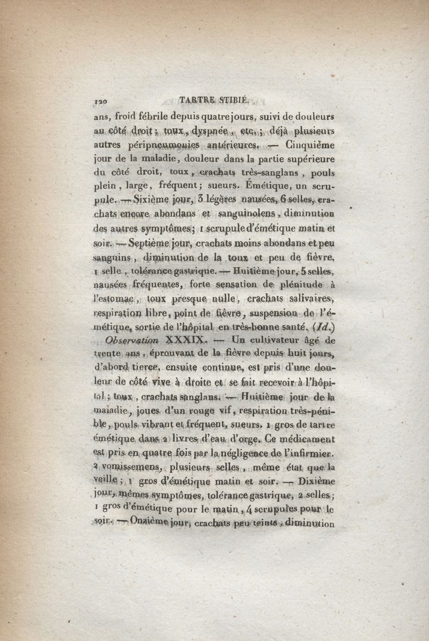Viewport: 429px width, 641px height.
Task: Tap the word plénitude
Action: tap(302, 284)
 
